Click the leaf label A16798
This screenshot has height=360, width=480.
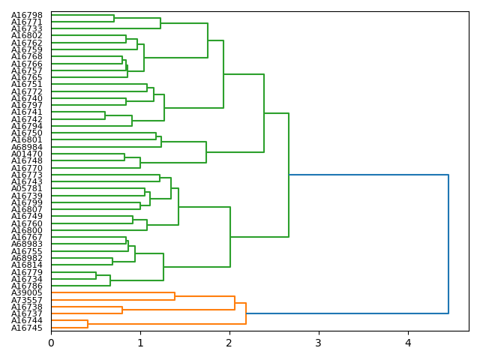(27, 15)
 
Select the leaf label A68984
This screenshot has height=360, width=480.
(27, 146)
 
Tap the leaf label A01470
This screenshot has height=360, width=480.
(27, 154)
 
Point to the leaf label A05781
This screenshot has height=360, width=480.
(27, 188)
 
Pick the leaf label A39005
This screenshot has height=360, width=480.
(27, 292)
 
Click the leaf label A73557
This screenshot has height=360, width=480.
(27, 300)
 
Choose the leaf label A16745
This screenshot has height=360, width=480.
(27, 328)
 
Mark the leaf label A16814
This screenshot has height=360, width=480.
(27, 265)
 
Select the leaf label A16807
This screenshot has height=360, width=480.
(27, 209)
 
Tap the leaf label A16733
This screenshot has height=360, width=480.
(27, 28)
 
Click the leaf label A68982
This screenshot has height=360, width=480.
(27, 258)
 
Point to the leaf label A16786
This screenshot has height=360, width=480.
(27, 286)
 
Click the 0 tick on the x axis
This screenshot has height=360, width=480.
(51, 343)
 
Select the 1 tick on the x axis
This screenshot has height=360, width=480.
(140, 343)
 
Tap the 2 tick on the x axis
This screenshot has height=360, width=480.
(229, 343)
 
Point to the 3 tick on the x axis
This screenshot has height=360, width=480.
(319, 343)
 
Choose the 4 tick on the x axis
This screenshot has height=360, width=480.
(408, 343)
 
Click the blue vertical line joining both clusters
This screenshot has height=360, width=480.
(448, 244)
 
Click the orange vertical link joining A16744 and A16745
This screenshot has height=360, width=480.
(88, 324)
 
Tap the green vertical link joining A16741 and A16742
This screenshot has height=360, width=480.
(105, 115)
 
